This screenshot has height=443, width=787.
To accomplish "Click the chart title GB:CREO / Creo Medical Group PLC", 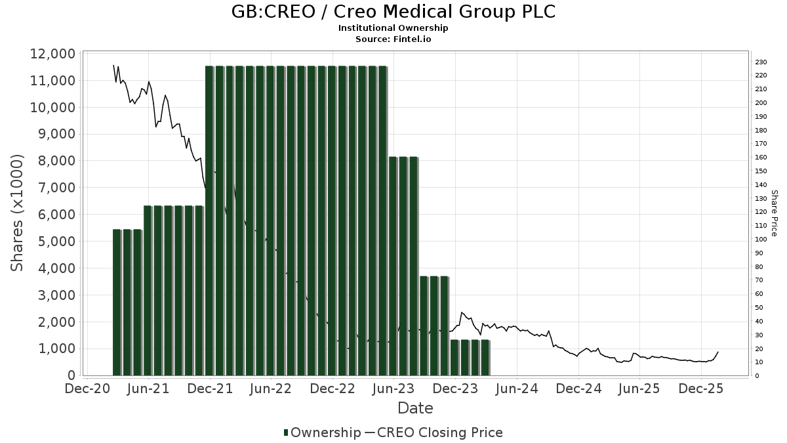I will (x=393, y=12).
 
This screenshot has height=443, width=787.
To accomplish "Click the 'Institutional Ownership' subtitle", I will (x=393, y=28).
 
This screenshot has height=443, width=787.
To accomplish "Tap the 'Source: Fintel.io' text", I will (x=393, y=39).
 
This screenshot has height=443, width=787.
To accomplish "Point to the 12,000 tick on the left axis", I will (x=52, y=54).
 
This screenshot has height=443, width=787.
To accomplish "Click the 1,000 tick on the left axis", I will (x=56, y=349).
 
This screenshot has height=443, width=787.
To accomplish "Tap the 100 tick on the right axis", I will (x=761, y=240).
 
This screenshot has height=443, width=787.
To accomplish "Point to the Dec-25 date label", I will (x=701, y=389).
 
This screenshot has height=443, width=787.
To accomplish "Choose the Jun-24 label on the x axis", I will (x=517, y=389).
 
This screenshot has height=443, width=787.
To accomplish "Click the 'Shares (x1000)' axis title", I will (x=18, y=213).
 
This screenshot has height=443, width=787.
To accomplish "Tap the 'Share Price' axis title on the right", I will (x=774, y=213).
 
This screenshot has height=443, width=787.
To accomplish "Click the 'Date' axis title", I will (x=415, y=408).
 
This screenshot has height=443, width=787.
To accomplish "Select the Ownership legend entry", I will (x=322, y=432).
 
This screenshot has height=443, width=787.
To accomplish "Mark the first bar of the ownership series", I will (x=117, y=302).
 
